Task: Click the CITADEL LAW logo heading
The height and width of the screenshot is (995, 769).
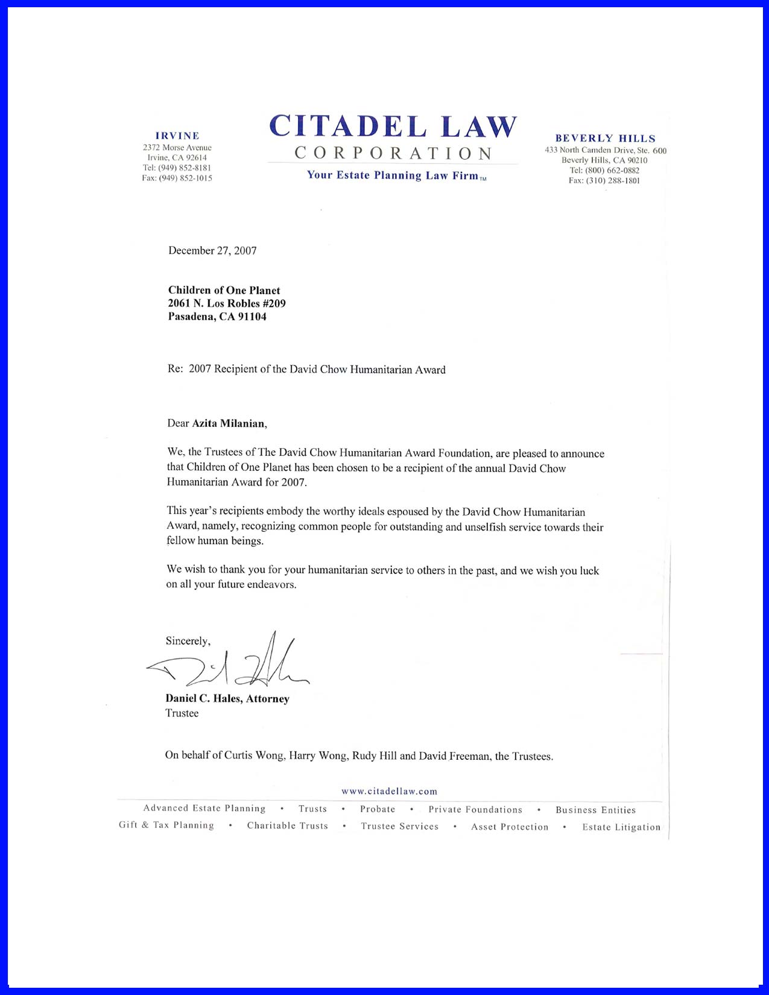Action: tap(393, 127)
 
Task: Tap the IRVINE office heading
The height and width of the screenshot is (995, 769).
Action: tap(177, 136)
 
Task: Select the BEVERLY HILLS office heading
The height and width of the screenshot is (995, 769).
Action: tap(605, 139)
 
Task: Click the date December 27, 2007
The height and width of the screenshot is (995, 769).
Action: tap(212, 251)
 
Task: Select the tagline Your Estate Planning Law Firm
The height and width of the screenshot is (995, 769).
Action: tap(393, 175)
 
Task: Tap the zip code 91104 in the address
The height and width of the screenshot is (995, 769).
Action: tap(252, 317)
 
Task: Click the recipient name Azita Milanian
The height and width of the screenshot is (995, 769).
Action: tap(229, 423)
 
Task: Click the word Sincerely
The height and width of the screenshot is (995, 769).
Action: tap(188, 641)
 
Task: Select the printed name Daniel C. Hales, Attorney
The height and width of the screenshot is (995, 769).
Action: tap(227, 699)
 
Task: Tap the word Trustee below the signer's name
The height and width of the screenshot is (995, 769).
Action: tap(182, 713)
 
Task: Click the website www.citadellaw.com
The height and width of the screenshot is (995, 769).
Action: tap(389, 791)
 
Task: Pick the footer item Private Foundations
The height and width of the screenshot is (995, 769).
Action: tap(475, 810)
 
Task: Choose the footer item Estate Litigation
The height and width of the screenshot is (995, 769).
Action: tap(621, 827)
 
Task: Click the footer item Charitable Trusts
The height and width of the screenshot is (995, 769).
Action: tap(287, 826)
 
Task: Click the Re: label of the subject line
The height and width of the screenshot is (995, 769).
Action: tap(175, 370)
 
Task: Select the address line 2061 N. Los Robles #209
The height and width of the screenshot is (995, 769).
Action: tap(227, 304)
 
